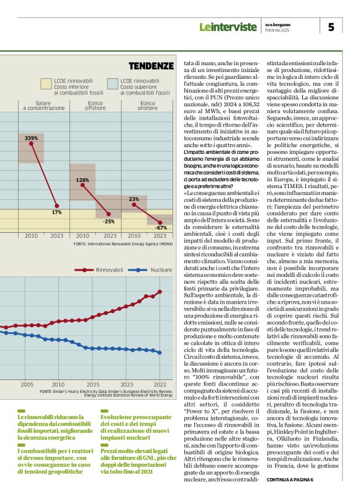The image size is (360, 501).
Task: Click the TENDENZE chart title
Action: (151, 65)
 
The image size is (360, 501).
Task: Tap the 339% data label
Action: (31, 137)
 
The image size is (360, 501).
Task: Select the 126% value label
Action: (82, 179)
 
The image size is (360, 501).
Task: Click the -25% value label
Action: (109, 221)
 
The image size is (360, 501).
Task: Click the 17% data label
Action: (56, 212)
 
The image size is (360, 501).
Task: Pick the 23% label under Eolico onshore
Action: (133, 199)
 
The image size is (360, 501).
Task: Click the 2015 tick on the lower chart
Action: (92, 385)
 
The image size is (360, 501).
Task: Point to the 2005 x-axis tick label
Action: (26, 385)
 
